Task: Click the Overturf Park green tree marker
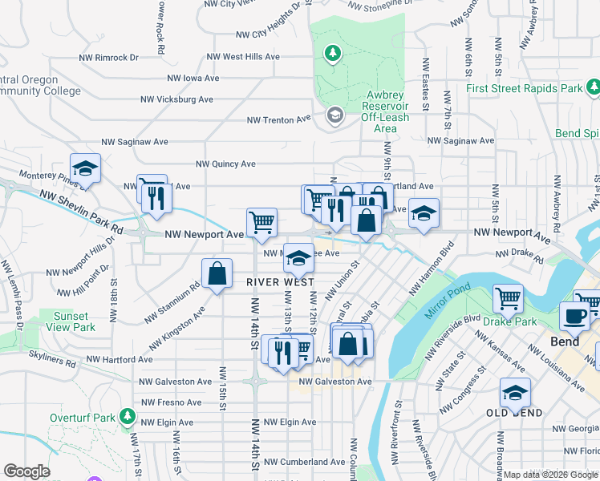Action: click(127, 417)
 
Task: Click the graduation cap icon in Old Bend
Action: click(515, 393)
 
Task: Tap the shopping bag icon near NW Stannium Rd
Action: click(217, 273)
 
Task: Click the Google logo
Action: click(27, 471)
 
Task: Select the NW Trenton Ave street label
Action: click(278, 119)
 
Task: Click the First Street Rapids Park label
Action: click(525, 88)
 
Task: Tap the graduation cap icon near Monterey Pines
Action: click(85, 168)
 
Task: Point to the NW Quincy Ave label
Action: click(226, 164)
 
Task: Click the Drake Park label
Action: click(509, 321)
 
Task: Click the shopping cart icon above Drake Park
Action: click(508, 298)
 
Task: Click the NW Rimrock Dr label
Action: click(108, 58)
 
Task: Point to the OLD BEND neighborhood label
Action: click(514, 413)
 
